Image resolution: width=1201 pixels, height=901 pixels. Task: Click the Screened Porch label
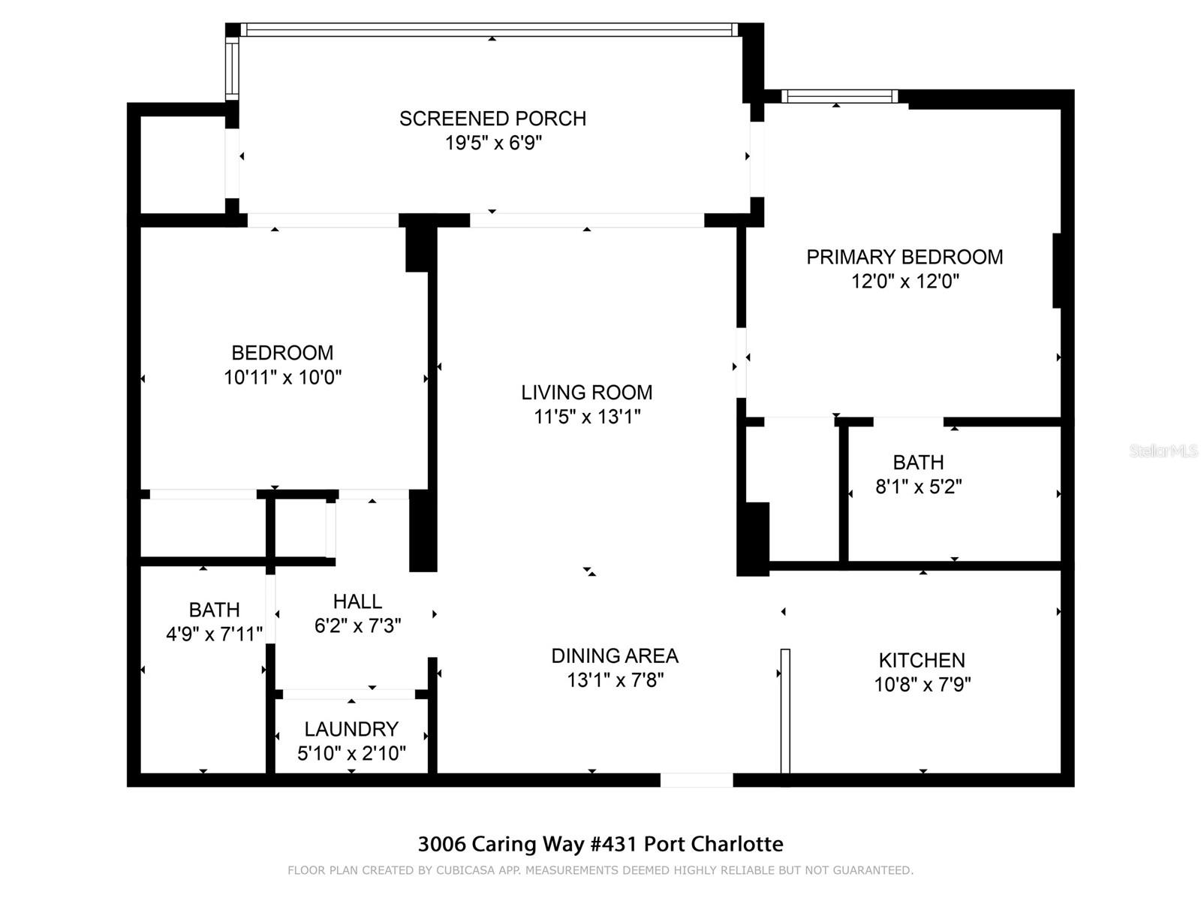[492, 119]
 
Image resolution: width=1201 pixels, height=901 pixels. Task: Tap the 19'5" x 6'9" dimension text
[492, 143]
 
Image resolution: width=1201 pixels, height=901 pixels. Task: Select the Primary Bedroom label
[904, 257]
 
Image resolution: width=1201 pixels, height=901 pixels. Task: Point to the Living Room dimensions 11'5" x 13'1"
[586, 417]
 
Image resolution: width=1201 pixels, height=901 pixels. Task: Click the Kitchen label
[922, 661]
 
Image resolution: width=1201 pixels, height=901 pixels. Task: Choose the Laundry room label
[351, 729]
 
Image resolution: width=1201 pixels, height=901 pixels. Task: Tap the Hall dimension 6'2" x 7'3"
[357, 625]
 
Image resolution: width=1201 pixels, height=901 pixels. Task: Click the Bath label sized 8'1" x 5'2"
[918, 463]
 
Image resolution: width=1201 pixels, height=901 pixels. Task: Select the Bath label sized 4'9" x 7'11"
[214, 610]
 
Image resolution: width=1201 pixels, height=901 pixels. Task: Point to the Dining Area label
[614, 656]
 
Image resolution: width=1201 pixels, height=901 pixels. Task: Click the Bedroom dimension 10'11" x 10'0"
[282, 377]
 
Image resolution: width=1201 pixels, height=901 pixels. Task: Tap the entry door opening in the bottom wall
[696, 780]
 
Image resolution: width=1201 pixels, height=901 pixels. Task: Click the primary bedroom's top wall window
[839, 96]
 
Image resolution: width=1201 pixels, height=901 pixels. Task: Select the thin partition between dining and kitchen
[785, 710]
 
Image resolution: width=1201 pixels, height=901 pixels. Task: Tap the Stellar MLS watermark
[1163, 451]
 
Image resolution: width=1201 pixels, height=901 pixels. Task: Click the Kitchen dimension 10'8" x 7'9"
[922, 685]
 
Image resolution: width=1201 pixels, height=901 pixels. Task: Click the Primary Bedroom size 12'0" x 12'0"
[904, 282]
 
